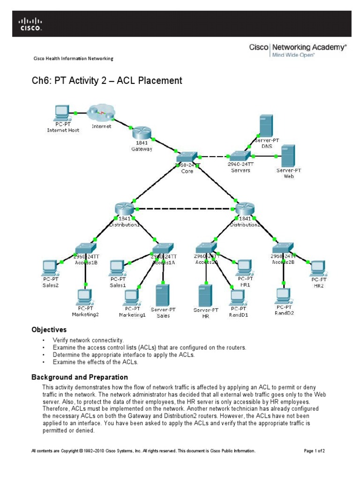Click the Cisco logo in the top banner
[x=30, y=24]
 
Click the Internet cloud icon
[x=101, y=113]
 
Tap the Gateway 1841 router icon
[x=141, y=133]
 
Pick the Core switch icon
[x=187, y=157]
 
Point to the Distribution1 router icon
[x=124, y=209]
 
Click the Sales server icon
[x=163, y=295]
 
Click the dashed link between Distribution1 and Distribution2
[x=184, y=209]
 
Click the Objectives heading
[x=49, y=330]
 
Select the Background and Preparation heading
[x=79, y=377]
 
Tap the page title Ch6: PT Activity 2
[x=106, y=81]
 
